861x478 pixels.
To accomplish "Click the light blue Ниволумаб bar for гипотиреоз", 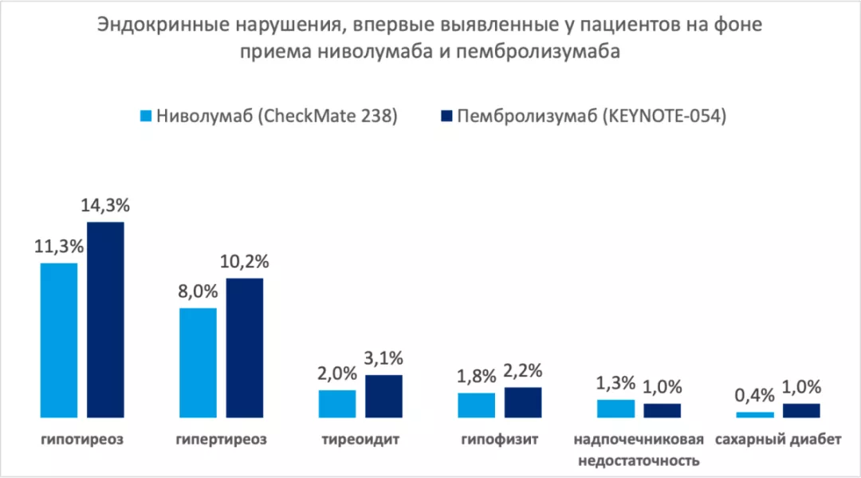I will tap(59, 339).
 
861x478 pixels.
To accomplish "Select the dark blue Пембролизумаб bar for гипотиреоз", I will tap(105, 319).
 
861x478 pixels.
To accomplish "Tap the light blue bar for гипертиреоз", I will tap(198, 362).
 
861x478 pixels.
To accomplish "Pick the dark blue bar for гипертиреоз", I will tap(245, 347).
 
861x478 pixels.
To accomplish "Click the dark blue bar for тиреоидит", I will tap(383, 396).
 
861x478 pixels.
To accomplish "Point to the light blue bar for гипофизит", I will tap(476, 405).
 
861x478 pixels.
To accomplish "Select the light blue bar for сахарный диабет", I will tap(754, 414).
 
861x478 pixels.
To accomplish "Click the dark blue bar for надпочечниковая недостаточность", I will tap(662, 410).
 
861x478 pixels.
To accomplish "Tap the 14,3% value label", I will tap(105, 205).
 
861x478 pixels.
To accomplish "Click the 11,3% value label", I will tap(59, 247).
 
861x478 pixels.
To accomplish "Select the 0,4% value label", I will tap(754, 396).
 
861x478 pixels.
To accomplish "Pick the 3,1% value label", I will tap(383, 359).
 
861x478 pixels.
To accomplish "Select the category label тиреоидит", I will tap(360, 440).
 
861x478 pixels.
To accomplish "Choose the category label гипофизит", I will tap(500, 440).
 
